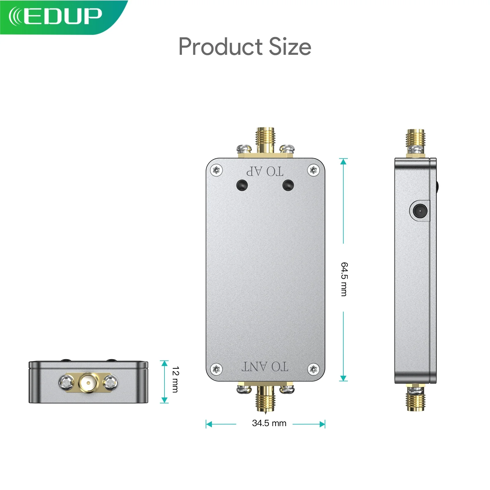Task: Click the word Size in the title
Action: (290, 47)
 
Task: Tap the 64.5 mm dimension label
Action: (344, 279)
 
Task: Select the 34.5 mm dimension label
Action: (269, 423)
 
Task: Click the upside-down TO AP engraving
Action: (265, 171)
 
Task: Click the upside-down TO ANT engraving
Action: (265, 366)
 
